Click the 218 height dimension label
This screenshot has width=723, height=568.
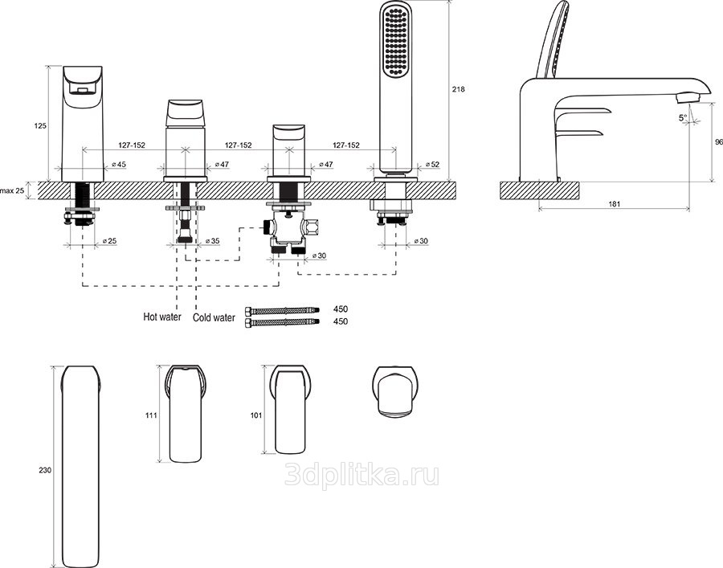pyautogui.click(x=458, y=89)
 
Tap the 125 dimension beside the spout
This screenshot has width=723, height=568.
pyautogui.click(x=41, y=125)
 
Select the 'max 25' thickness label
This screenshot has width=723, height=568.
pyautogui.click(x=12, y=190)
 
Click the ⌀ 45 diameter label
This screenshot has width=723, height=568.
pyautogui.click(x=119, y=165)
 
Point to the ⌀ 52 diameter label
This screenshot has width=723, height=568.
pyautogui.click(x=432, y=165)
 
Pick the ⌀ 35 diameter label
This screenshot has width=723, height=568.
pyautogui.click(x=213, y=241)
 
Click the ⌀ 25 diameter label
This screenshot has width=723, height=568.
pyautogui.click(x=109, y=241)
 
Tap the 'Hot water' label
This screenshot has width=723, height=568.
pyautogui.click(x=162, y=317)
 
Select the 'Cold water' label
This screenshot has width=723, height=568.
pyautogui.click(x=214, y=317)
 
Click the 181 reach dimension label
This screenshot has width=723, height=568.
pyautogui.click(x=615, y=204)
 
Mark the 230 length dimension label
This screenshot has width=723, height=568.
pyautogui.click(x=45, y=470)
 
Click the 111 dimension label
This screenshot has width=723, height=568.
pyautogui.click(x=151, y=415)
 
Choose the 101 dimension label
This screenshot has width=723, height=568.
pyautogui.click(x=256, y=415)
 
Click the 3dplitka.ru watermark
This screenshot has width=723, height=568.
pyautogui.click(x=362, y=475)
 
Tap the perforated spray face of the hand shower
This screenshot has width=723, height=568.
pyautogui.click(x=395, y=43)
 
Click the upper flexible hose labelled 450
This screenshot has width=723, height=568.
pyautogui.click(x=283, y=310)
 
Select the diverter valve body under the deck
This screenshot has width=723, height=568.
pyautogui.click(x=288, y=228)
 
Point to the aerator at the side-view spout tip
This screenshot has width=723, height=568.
pyautogui.click(x=688, y=97)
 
